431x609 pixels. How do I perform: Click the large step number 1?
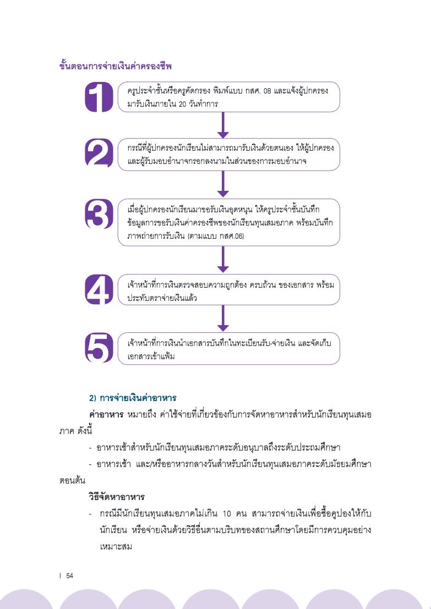click(x=99, y=97)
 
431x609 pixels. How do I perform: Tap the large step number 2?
click(x=99, y=153)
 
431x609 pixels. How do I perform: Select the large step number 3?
click(x=99, y=214)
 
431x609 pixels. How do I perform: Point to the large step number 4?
click(x=99, y=289)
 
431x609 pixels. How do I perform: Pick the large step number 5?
click(x=99, y=348)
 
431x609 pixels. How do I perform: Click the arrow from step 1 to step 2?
click(x=223, y=125)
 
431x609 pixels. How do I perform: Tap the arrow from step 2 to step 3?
click(x=223, y=184)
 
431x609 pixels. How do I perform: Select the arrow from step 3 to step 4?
click(x=223, y=260)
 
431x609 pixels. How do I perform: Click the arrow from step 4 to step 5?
click(x=223, y=318)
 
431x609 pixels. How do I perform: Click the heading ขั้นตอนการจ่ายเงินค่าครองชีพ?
click(x=116, y=66)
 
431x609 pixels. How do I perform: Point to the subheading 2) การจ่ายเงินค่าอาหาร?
click(x=133, y=398)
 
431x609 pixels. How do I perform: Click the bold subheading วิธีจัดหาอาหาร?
click(x=117, y=497)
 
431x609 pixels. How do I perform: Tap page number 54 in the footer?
click(x=69, y=575)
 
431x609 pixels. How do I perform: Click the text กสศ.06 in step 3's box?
click(x=231, y=236)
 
